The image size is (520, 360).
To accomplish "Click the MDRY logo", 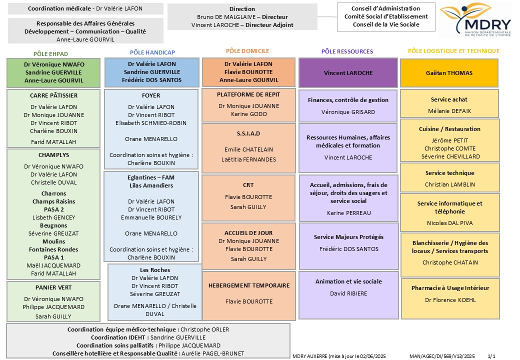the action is tap(475, 19).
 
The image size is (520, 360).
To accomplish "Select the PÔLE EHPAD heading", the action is tap(50, 54).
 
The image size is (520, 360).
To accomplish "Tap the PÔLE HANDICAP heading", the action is tap(152, 52).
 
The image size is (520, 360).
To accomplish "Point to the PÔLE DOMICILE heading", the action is tap(247, 51).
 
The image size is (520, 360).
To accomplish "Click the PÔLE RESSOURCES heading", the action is tap(347, 51).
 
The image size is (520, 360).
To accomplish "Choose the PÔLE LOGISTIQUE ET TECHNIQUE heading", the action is tap(453, 51).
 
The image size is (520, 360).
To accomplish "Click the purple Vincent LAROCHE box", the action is tap(348, 73).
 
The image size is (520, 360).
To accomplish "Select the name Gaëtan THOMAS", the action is tap(449, 73).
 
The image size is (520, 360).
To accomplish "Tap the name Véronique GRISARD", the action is tap(348, 112).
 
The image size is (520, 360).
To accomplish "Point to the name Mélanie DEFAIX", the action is tap(449, 111).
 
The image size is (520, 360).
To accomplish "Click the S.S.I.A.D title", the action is tap(248, 133).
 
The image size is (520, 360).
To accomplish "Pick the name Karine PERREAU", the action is tap(349, 213).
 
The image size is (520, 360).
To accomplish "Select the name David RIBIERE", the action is tap(348, 293).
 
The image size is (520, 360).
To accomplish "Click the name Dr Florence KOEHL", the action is tap(450, 300).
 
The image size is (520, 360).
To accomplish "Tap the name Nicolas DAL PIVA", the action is tap(450, 223).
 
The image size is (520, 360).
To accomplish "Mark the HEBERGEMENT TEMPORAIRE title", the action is tap(249, 285).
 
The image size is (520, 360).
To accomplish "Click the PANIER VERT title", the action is tap(53, 287).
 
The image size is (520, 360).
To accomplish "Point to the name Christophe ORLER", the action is tap(204, 329).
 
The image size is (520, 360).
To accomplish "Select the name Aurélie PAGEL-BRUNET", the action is tap(212, 353).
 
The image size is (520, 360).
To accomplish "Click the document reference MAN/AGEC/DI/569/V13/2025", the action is tap(442, 356).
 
